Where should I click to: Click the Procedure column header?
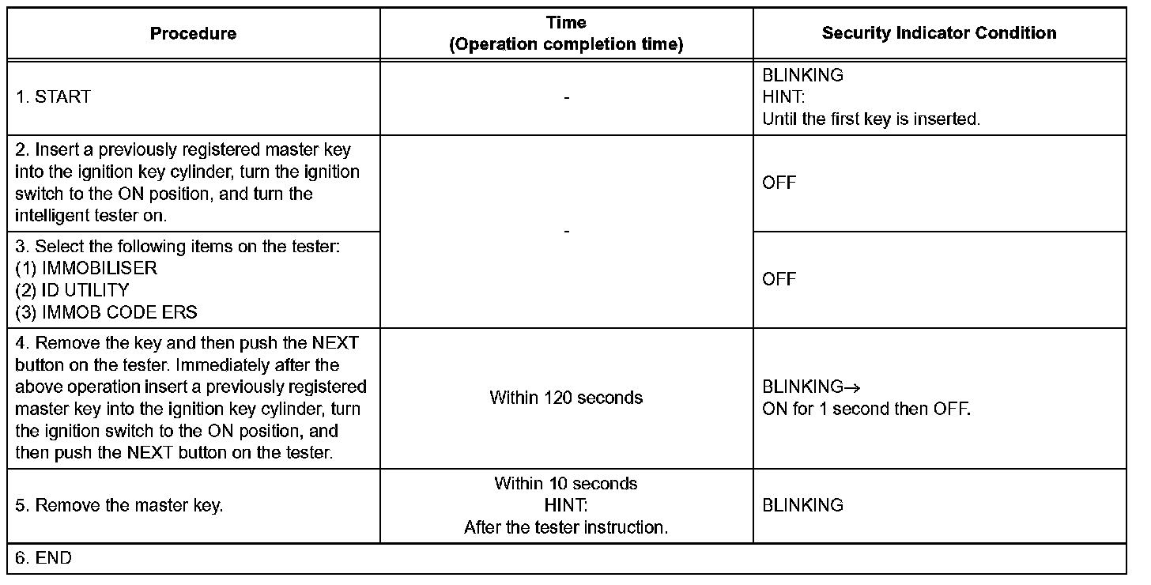(x=193, y=33)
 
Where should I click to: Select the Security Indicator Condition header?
(x=939, y=33)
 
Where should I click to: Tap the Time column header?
(x=566, y=34)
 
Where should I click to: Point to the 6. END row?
(x=43, y=558)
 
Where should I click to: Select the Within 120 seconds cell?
(x=566, y=398)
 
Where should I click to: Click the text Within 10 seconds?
(x=566, y=483)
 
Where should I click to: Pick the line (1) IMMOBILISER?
(x=86, y=268)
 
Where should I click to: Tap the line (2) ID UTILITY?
(x=72, y=290)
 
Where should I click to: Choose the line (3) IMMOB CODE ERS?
(x=106, y=312)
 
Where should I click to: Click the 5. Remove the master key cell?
(x=119, y=505)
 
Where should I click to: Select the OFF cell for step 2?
(x=779, y=183)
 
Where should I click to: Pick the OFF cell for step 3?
(x=779, y=279)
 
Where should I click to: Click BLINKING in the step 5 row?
(x=802, y=505)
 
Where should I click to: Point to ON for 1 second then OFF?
(x=866, y=409)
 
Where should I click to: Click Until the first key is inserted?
(x=871, y=120)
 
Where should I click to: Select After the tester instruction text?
(x=566, y=527)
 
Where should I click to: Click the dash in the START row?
(x=566, y=97)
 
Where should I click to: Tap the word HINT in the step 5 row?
(x=566, y=505)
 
